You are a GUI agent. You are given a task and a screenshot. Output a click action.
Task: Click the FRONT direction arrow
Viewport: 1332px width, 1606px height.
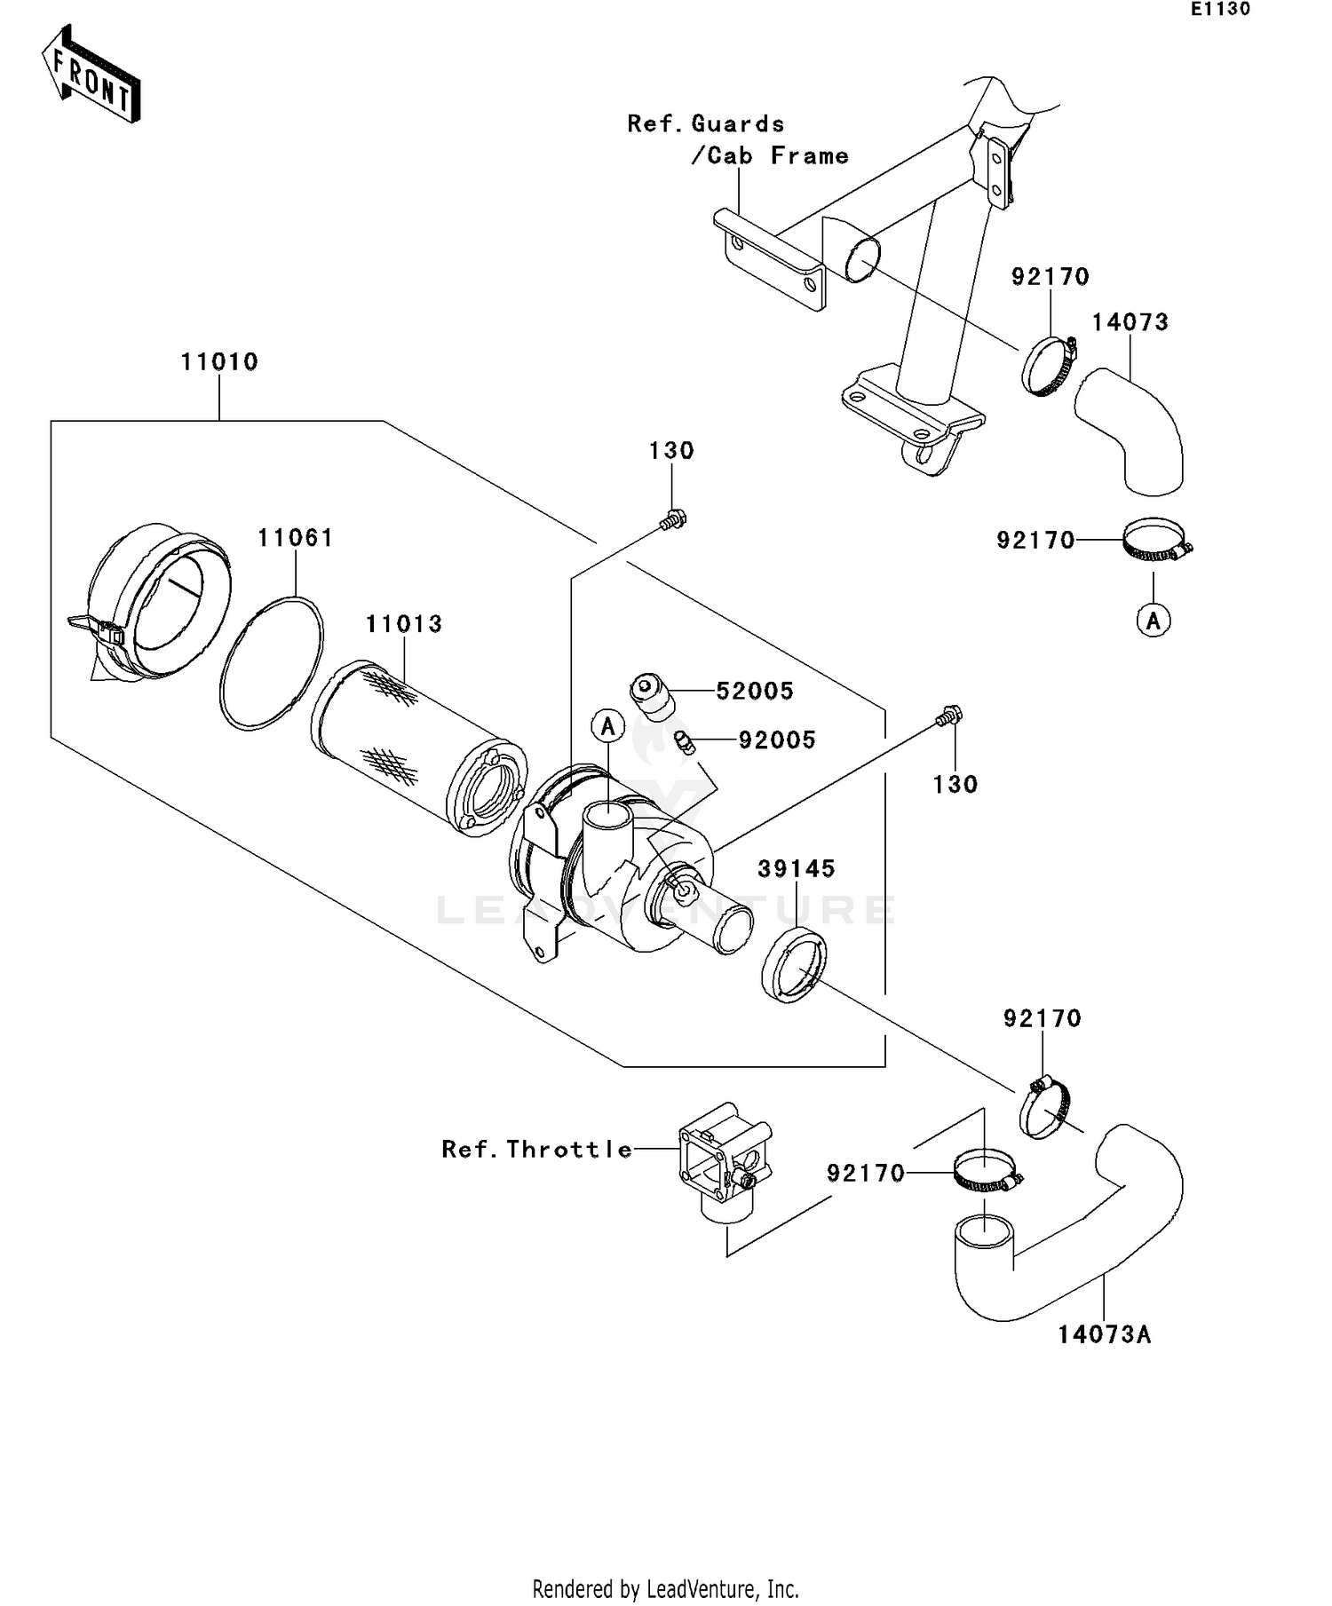click(x=91, y=75)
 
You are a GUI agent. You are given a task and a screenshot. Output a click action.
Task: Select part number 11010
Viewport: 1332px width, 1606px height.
click(x=219, y=362)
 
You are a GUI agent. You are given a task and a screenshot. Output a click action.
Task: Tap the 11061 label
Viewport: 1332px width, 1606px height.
click(x=295, y=538)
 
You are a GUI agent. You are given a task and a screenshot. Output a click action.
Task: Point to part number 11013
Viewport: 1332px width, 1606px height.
click(x=403, y=624)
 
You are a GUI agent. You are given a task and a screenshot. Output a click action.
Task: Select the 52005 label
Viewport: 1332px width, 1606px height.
click(x=754, y=691)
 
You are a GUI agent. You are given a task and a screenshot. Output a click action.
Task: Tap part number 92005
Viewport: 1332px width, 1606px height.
click(x=776, y=740)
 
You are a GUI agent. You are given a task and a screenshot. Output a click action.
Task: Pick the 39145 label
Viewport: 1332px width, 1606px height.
click(x=796, y=869)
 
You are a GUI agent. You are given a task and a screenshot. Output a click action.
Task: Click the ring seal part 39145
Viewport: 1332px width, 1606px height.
click(x=794, y=965)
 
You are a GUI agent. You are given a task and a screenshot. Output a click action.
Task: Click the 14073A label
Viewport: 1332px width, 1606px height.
click(x=1104, y=1334)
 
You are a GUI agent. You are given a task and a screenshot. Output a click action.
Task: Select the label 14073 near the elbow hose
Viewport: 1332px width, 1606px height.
click(x=1130, y=322)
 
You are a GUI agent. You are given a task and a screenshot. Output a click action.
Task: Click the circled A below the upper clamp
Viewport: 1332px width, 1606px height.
click(x=1153, y=621)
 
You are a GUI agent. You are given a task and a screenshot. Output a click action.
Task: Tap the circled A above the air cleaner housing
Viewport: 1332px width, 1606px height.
click(x=608, y=727)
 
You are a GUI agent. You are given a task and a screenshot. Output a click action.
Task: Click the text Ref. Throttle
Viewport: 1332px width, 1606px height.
click(x=537, y=1150)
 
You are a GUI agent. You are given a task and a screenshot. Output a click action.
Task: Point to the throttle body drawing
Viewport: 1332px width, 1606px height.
click(x=724, y=1163)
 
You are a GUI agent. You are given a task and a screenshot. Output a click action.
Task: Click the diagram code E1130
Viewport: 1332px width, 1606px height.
click(x=1220, y=10)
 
